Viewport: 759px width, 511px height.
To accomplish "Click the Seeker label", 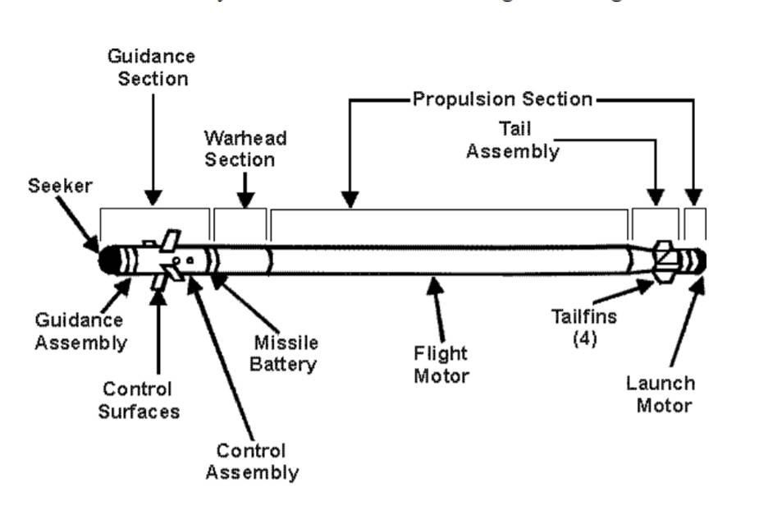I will coord(60,186).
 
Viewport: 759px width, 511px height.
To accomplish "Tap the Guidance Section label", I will coord(153,67).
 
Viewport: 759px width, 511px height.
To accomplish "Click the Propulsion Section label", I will coord(502,99).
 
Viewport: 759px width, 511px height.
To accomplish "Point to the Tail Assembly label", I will coord(514,140).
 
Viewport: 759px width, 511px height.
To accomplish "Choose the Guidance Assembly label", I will coord(80,331).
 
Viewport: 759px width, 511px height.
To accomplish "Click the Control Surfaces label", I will coord(135,399).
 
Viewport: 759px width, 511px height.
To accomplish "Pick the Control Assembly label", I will coord(251,462).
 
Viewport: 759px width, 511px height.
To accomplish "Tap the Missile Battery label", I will coord(285,353).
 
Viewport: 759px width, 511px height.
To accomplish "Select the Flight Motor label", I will coord(441,365).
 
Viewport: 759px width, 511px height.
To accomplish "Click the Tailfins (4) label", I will coord(585,327).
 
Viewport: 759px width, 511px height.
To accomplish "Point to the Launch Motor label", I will coord(661,394).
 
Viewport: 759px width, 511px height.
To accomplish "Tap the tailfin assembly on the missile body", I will coord(665,260).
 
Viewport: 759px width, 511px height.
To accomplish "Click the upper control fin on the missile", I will coord(170,241).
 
